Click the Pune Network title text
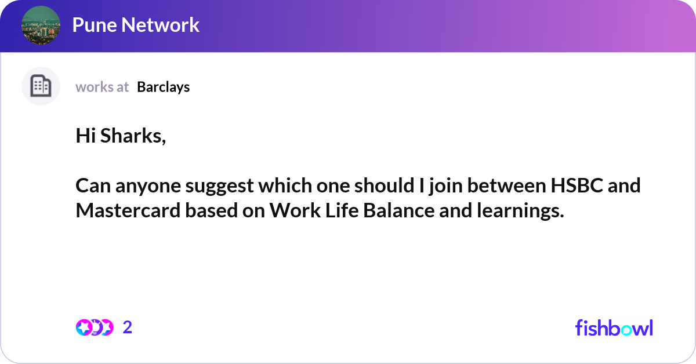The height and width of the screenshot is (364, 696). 136,25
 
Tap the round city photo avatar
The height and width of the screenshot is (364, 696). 41,25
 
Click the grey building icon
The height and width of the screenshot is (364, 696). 41,86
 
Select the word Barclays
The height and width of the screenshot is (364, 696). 164,88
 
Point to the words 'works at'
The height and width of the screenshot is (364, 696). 102,87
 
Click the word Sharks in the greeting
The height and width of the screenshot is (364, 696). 133,136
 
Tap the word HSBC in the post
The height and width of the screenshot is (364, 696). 577,185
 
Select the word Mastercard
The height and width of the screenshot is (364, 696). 128,210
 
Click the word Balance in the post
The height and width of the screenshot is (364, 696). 398,210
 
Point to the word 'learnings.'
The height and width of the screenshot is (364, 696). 520,211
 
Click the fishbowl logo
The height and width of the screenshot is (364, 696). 614,327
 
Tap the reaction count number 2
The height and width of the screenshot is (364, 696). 128,327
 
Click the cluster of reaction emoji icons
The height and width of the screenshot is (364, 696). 95,327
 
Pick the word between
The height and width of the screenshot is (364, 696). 506,185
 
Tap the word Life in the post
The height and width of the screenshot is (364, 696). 342,210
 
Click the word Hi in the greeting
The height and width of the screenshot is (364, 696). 86,136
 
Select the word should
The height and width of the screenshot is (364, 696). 385,185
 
